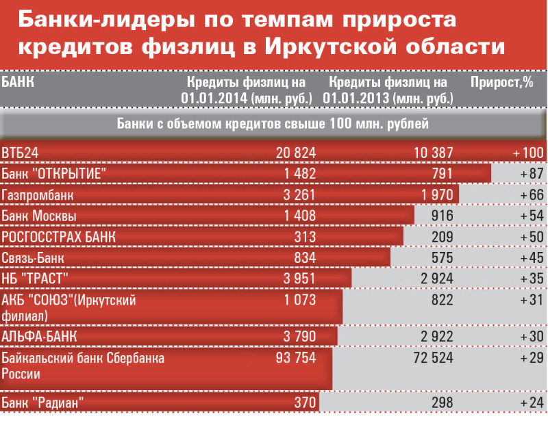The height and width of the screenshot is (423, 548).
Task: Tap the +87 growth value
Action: click(x=532, y=174)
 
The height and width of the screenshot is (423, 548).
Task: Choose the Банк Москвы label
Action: click(x=39, y=216)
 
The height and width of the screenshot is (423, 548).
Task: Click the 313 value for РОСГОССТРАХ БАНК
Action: click(x=303, y=237)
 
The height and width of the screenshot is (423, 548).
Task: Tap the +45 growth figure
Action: click(x=532, y=258)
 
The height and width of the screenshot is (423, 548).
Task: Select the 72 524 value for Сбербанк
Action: click(x=431, y=357)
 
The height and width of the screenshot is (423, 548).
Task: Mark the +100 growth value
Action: click(x=527, y=153)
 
